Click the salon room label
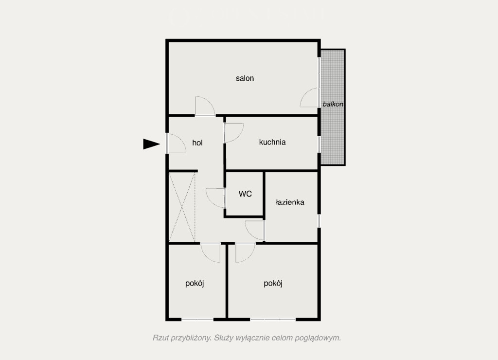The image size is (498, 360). pos(245,78)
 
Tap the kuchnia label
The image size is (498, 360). pos(272,142)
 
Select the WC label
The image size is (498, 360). pos(245,194)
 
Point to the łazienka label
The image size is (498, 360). pos(290,202)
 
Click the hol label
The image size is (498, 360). pos(197,143)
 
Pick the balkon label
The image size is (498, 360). pos(333,104)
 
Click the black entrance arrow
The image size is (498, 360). pos(151,144)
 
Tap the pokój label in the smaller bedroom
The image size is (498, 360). pos(195,283)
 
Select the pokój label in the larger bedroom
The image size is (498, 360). pos(273,283)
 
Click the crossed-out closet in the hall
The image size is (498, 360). pos(182,207)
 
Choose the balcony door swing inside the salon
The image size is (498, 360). pos(304,94)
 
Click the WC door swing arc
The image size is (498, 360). pos(211,202)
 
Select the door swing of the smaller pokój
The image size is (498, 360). pos(206,257)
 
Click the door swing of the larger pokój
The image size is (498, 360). pos(250,257)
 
